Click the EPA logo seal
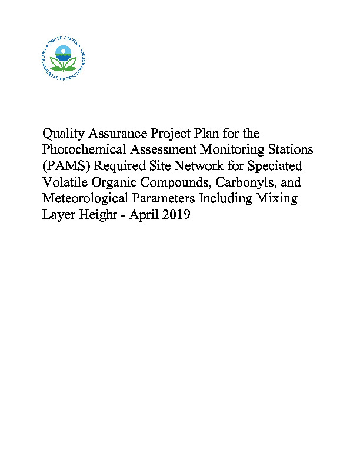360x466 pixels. click(65, 57)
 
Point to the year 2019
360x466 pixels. click(176, 215)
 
